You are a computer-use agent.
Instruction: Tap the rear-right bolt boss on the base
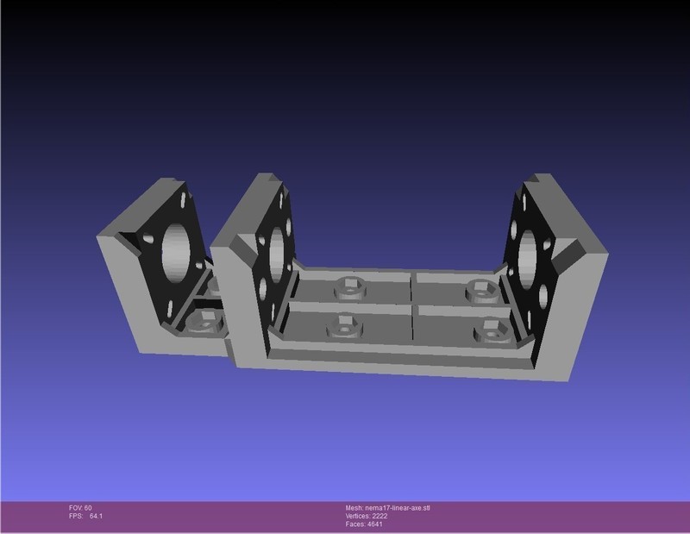click(477, 288)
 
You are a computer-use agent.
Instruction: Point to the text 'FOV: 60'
click(80, 507)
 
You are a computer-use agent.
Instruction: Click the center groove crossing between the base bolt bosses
click(412, 304)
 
